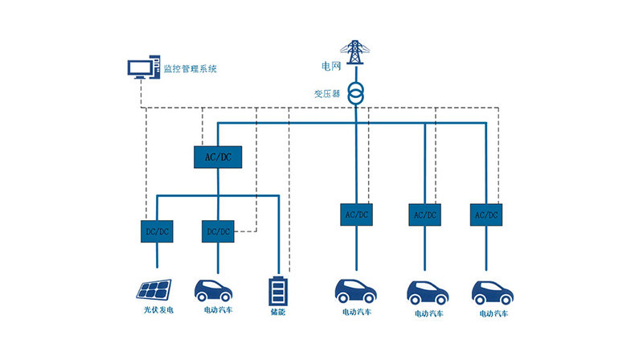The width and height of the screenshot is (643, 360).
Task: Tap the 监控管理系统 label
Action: point(190,69)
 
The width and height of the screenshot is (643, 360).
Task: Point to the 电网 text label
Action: point(330,63)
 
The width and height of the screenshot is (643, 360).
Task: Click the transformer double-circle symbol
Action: point(354,92)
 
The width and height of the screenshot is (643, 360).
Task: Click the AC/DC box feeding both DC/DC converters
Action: point(217,156)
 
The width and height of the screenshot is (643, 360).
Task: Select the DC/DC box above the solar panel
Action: point(156,231)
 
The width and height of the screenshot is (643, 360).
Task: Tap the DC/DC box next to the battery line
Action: point(218,231)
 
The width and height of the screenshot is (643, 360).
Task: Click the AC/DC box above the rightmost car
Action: point(485,215)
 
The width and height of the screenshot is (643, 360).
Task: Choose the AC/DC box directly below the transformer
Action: point(356,215)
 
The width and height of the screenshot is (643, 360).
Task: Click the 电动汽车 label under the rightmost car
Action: point(492,313)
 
